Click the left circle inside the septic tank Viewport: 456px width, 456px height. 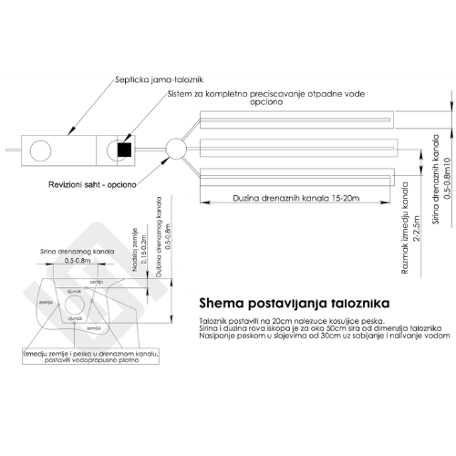(x=40, y=149)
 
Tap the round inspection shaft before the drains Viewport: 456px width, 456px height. (x=176, y=147)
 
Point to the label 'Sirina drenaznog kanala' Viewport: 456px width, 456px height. (x=82, y=249)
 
